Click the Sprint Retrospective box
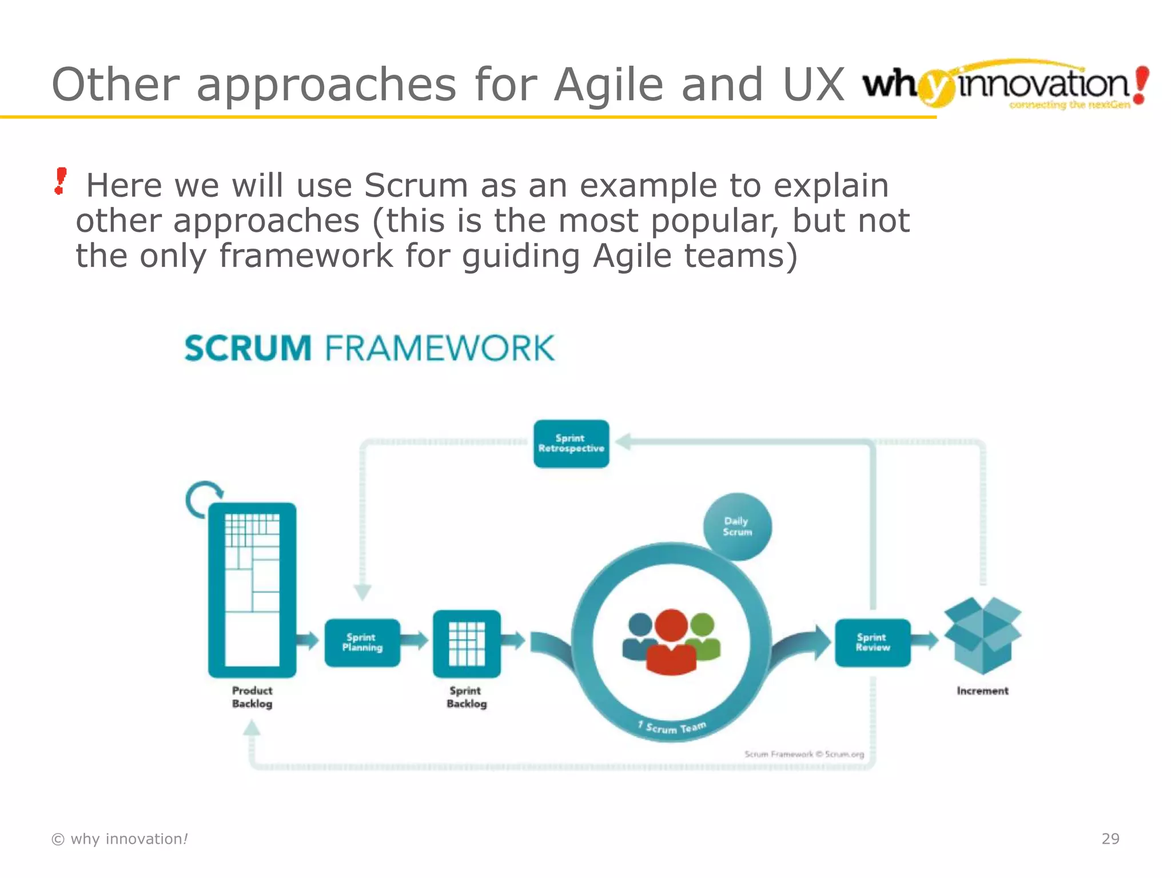571,444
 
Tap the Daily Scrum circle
737,526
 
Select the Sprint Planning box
362,642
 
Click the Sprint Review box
873,642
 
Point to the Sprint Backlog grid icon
467,644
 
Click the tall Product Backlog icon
252,590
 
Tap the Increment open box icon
982,635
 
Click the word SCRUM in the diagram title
248,348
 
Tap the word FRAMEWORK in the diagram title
440,348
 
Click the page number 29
1110,839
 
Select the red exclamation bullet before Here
60,181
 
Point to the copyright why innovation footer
120,839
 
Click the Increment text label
982,691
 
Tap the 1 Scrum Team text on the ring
672,728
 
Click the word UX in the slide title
813,85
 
